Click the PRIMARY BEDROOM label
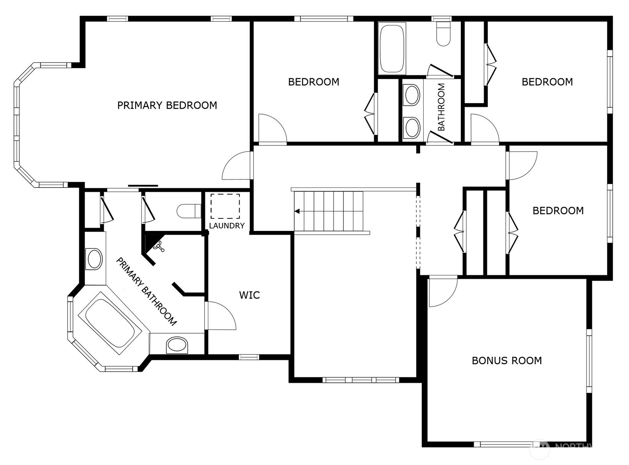167,106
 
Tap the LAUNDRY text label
227,226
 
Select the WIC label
249,295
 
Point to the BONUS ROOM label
506,361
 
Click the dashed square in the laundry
225,206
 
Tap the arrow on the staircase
297,211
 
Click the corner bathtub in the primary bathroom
110,324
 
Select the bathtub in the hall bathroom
392,48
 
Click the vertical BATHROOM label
441,107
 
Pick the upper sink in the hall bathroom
412,95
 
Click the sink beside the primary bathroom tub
177,345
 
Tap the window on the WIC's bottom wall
249,357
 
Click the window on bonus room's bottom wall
503,444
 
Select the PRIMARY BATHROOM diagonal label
146,292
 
